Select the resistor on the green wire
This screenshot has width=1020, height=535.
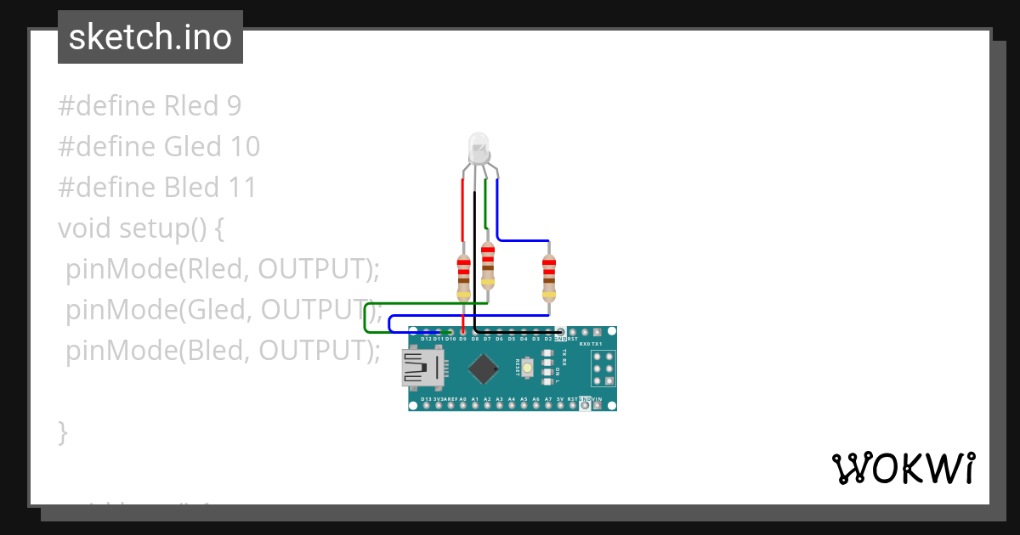(x=487, y=265)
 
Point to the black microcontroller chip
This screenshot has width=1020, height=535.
(x=483, y=368)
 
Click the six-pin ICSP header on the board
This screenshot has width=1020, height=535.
(x=603, y=369)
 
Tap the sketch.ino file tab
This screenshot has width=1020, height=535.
(x=150, y=37)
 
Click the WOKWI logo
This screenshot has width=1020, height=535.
(x=903, y=468)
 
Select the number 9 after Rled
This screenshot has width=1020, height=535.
(x=234, y=106)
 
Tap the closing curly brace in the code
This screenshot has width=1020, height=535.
(x=63, y=431)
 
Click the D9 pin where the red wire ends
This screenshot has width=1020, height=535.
(x=462, y=331)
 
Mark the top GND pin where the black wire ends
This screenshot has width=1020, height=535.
(x=560, y=331)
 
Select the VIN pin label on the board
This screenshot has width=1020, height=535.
(x=598, y=399)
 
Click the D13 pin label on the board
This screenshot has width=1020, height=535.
(x=426, y=399)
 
